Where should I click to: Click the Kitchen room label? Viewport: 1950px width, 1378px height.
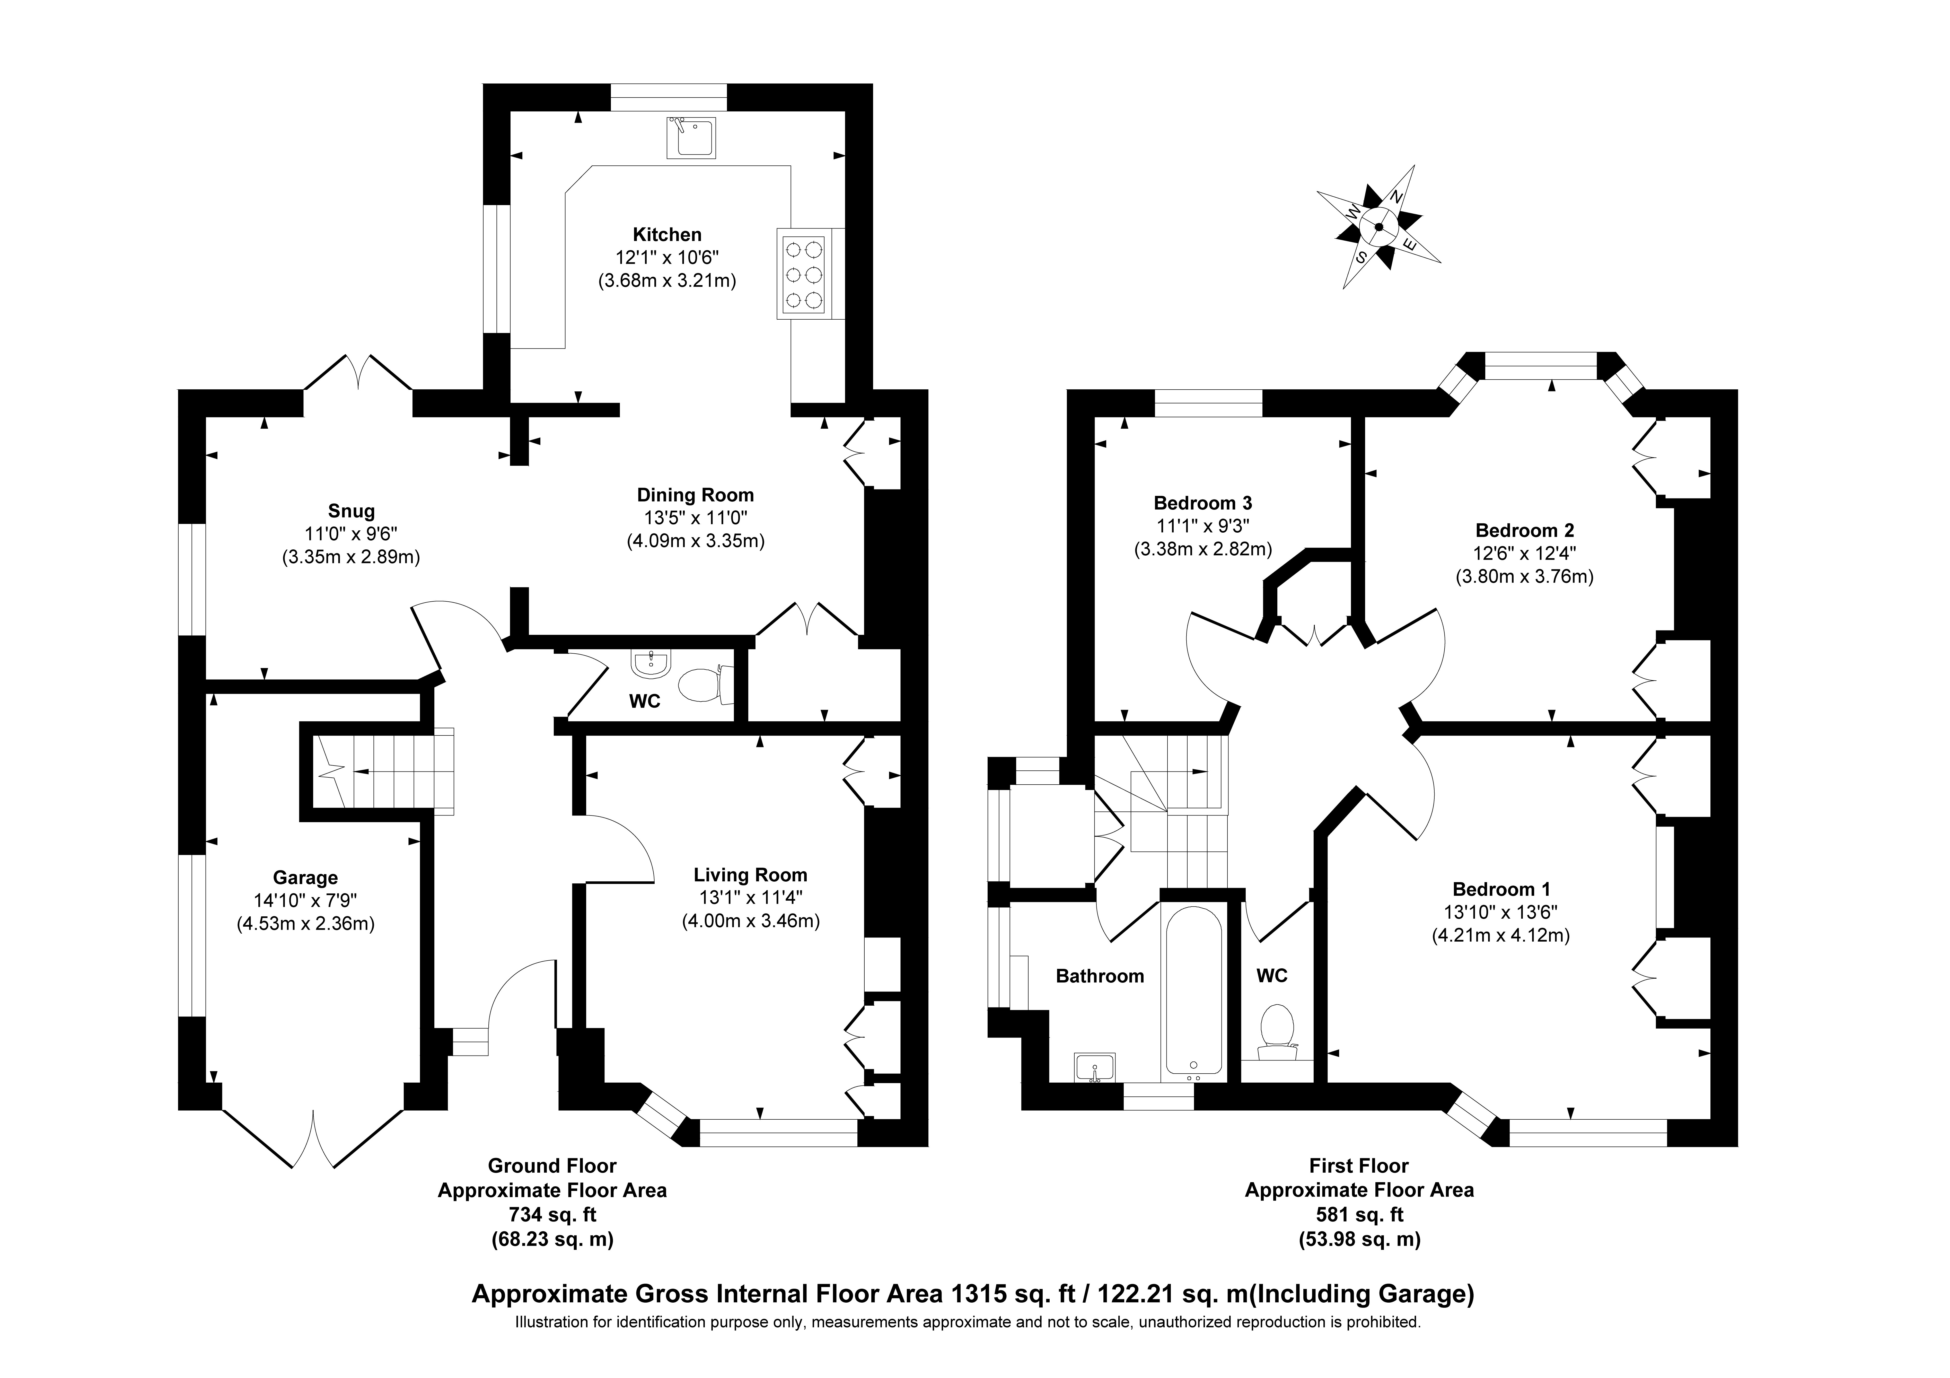667,234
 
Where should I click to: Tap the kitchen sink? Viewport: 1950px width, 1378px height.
690,138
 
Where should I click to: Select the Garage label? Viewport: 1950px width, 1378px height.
305,877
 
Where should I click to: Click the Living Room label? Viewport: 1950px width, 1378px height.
750,874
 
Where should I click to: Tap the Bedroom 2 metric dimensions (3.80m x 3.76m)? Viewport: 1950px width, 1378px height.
1524,576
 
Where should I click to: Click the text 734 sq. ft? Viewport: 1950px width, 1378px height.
552,1215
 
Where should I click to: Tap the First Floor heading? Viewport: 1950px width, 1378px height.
1359,1166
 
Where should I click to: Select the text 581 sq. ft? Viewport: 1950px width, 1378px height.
1359,1215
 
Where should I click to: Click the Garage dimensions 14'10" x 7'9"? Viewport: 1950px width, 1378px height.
305,901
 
